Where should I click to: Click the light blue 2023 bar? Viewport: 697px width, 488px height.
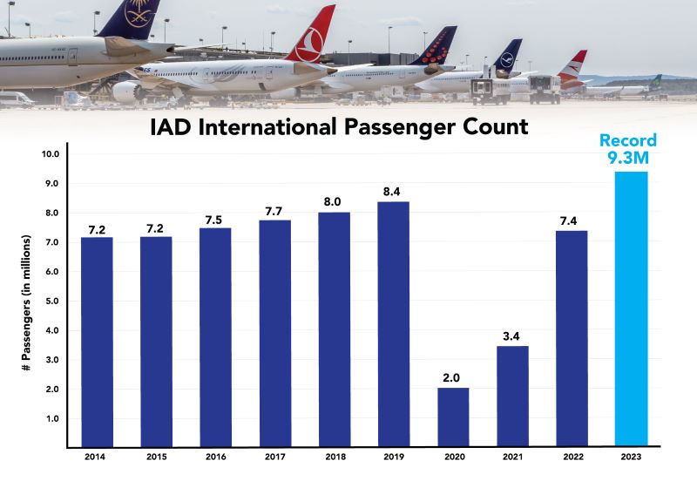(x=631, y=309)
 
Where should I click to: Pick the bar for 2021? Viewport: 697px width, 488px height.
(x=512, y=396)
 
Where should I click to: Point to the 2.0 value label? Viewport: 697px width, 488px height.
(x=453, y=377)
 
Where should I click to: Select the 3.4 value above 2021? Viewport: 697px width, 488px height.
(x=512, y=335)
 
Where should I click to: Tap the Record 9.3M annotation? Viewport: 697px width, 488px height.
(x=627, y=150)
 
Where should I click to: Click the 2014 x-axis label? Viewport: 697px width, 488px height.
(x=97, y=457)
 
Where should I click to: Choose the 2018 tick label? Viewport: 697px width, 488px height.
(x=334, y=457)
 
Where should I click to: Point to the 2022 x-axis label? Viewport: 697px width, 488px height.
(x=572, y=457)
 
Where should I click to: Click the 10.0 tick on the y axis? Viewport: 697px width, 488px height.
(x=51, y=154)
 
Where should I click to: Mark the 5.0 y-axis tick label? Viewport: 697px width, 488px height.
(x=52, y=302)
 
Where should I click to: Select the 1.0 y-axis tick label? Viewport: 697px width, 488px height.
(x=52, y=419)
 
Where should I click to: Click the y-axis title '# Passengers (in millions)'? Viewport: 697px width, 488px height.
(x=27, y=301)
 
